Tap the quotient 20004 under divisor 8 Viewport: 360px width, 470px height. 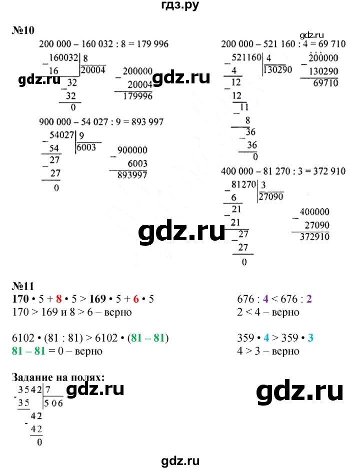93,70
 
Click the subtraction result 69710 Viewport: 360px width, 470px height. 323,82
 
